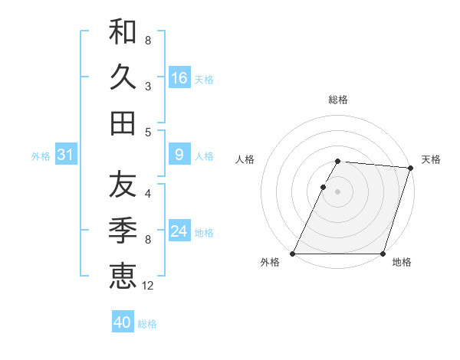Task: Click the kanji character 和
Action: click(123, 32)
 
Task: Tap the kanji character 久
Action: click(123, 77)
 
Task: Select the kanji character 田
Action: click(123, 123)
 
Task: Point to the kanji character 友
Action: click(123, 185)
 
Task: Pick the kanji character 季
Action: click(123, 230)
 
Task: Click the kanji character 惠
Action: click(123, 275)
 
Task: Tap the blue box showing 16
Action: click(179, 78)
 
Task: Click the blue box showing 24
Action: click(179, 232)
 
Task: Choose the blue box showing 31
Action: click(65, 155)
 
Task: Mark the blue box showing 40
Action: click(123, 322)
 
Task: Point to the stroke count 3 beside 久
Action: click(148, 87)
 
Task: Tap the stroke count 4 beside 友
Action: click(148, 194)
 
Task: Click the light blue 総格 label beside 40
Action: click(147, 324)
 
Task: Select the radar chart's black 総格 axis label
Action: click(338, 100)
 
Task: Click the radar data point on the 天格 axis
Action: click(411, 168)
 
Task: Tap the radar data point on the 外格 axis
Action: click(293, 254)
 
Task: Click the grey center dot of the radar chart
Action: click(338, 191)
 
